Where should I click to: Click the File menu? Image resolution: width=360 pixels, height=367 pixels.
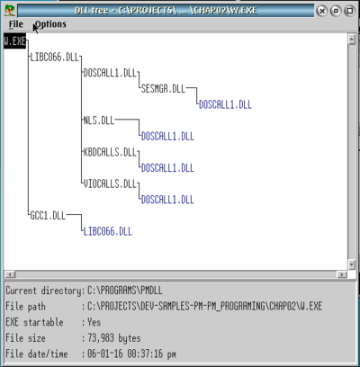[16, 24]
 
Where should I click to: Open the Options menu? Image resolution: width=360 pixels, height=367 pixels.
[50, 24]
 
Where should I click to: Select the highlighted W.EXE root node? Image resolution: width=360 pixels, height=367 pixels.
[14, 41]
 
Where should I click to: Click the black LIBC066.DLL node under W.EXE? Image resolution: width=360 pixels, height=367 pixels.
[54, 57]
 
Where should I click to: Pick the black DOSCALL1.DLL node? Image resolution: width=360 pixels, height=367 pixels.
[110, 73]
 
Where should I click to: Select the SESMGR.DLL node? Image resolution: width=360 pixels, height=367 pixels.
[163, 89]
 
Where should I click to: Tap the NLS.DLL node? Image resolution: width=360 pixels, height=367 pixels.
[99, 121]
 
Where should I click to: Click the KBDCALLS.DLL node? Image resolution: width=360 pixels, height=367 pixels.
[110, 152]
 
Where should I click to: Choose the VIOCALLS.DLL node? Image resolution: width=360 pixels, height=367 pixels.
[110, 183]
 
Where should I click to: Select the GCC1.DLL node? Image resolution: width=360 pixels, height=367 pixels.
[48, 216]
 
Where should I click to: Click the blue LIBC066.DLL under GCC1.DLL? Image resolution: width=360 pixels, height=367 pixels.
[107, 231]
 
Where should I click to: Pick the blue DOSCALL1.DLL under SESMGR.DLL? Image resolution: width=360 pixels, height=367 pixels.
[225, 104]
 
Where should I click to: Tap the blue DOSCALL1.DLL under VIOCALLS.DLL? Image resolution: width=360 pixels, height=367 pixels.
[167, 200]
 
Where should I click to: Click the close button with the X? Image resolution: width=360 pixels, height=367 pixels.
[322, 11]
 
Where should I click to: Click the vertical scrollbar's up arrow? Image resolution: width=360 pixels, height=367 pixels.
[352, 39]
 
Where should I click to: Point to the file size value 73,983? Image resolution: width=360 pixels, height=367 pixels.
[101, 338]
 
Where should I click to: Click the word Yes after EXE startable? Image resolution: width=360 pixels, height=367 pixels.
[94, 322]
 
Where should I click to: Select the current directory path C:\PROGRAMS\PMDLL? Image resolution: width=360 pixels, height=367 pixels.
[125, 291]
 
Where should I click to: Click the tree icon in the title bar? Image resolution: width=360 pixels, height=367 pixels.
[10, 11]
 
